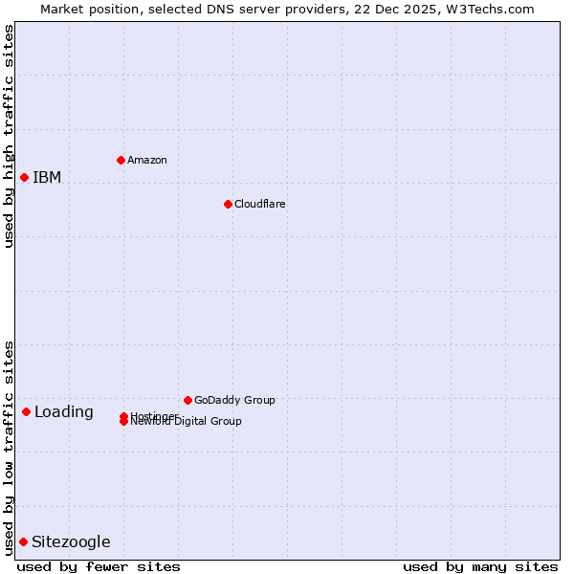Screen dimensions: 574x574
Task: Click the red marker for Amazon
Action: tap(121, 160)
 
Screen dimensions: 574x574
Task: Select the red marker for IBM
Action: tap(24, 177)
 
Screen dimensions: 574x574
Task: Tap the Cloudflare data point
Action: tap(228, 204)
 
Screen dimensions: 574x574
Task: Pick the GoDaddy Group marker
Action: tap(188, 400)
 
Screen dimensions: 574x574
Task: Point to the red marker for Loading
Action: tap(26, 411)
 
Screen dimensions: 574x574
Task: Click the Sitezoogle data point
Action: tap(23, 541)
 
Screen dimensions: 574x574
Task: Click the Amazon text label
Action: tap(146, 160)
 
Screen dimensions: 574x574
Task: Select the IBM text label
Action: tap(47, 177)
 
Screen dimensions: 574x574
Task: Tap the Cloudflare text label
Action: tap(259, 204)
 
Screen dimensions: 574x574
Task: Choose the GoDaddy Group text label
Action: tap(234, 400)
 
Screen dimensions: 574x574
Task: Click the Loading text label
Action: tap(64, 412)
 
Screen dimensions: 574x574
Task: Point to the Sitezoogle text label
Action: tap(71, 542)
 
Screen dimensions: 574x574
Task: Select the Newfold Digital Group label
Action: tap(187, 422)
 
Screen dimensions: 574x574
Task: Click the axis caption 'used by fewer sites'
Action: tap(99, 566)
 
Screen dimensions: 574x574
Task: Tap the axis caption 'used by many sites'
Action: tap(480, 566)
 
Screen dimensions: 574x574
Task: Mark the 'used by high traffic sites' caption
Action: tap(9, 136)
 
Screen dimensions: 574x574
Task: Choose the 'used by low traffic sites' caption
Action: tap(9, 447)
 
